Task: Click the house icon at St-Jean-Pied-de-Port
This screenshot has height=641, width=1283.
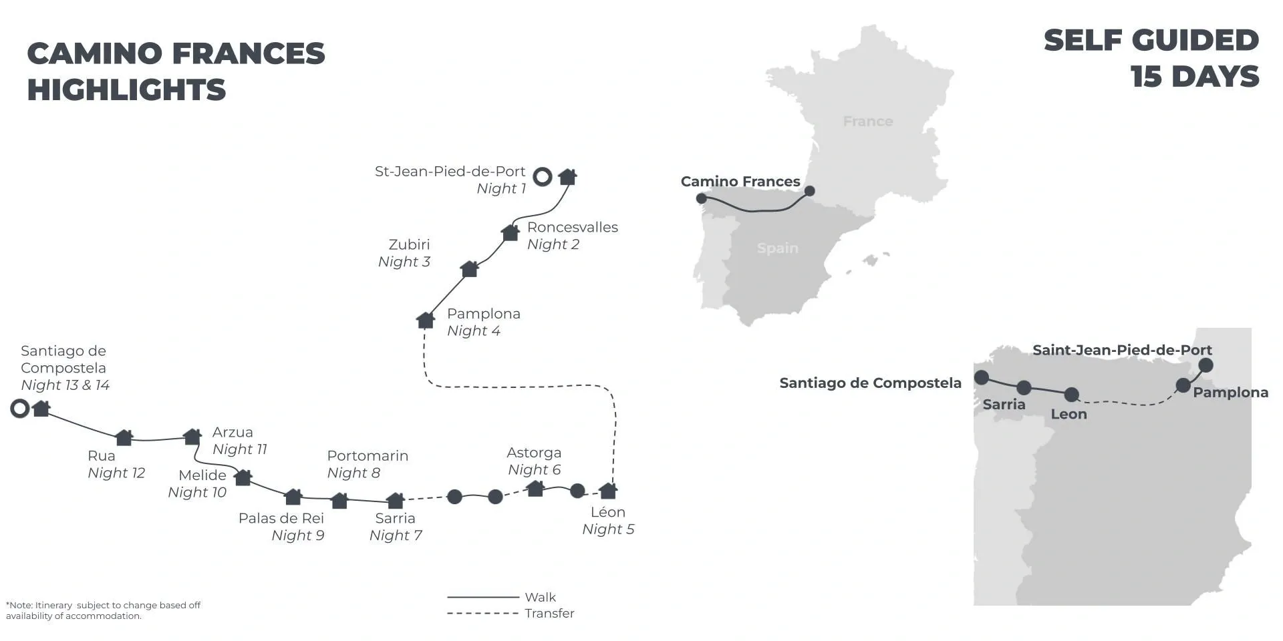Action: (x=567, y=176)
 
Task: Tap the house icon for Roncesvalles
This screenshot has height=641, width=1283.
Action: (x=511, y=232)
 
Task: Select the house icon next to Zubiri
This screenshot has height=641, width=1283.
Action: (x=470, y=268)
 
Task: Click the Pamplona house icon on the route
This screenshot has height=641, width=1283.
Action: (x=426, y=320)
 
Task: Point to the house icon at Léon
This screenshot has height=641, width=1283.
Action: (x=608, y=491)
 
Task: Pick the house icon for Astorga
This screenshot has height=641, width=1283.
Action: (x=535, y=488)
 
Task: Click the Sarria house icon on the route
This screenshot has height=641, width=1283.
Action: (x=396, y=500)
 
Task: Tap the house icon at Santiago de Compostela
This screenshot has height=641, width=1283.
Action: (x=41, y=408)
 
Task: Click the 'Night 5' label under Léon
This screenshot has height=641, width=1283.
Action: (x=608, y=529)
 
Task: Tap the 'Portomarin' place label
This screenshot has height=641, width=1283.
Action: (x=368, y=456)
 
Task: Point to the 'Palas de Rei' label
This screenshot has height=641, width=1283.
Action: (x=281, y=518)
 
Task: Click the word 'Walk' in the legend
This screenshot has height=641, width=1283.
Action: (x=541, y=598)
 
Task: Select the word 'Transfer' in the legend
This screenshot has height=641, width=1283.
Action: (x=549, y=614)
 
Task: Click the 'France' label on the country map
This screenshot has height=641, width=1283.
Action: (x=868, y=122)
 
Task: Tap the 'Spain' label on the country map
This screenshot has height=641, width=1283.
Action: (x=778, y=248)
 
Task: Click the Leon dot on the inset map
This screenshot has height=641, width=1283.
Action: (x=1071, y=395)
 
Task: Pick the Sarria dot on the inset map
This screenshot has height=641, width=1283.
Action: (x=1024, y=387)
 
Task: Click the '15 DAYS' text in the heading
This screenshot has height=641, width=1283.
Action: (x=1195, y=77)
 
